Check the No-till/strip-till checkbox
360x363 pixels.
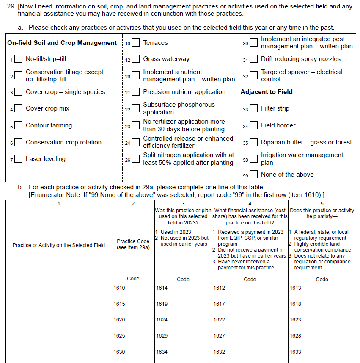click(18, 59)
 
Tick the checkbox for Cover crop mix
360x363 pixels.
click(18, 108)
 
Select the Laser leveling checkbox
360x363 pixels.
click(18, 159)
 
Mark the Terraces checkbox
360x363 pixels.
click(135, 43)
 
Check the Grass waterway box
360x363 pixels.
click(135, 59)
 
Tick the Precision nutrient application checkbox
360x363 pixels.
click(135, 92)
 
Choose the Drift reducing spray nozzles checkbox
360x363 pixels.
click(253, 59)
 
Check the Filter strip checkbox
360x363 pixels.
click(253, 109)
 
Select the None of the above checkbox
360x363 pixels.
click(253, 175)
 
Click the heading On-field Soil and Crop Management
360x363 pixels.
click(62, 43)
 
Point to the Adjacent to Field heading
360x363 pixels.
click(267, 92)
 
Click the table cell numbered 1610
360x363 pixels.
click(133, 291)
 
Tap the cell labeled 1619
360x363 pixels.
click(183, 307)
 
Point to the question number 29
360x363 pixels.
click(12, 6)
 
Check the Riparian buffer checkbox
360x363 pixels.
click(253, 143)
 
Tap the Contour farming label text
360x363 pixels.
click(49, 125)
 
